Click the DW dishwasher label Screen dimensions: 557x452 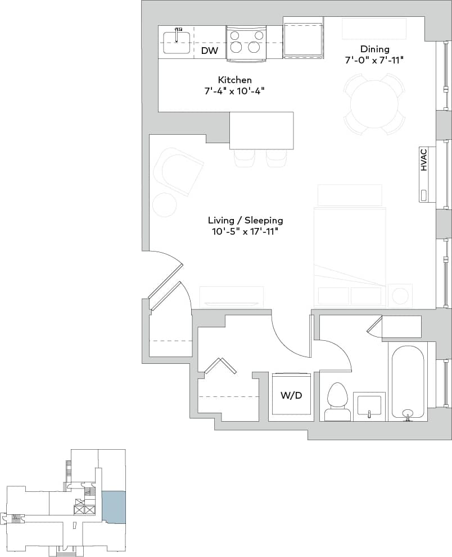click(x=210, y=51)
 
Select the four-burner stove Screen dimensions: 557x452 click(x=245, y=42)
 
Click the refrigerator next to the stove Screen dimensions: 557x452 click(x=304, y=38)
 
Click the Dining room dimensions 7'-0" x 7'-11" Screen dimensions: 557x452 click(x=374, y=60)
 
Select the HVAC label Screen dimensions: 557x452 click(x=424, y=159)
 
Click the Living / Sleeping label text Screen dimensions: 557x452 click(x=245, y=220)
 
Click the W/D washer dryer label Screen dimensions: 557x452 click(x=291, y=395)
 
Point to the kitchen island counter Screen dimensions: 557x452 click(x=261, y=130)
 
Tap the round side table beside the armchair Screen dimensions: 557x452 click(x=164, y=204)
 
